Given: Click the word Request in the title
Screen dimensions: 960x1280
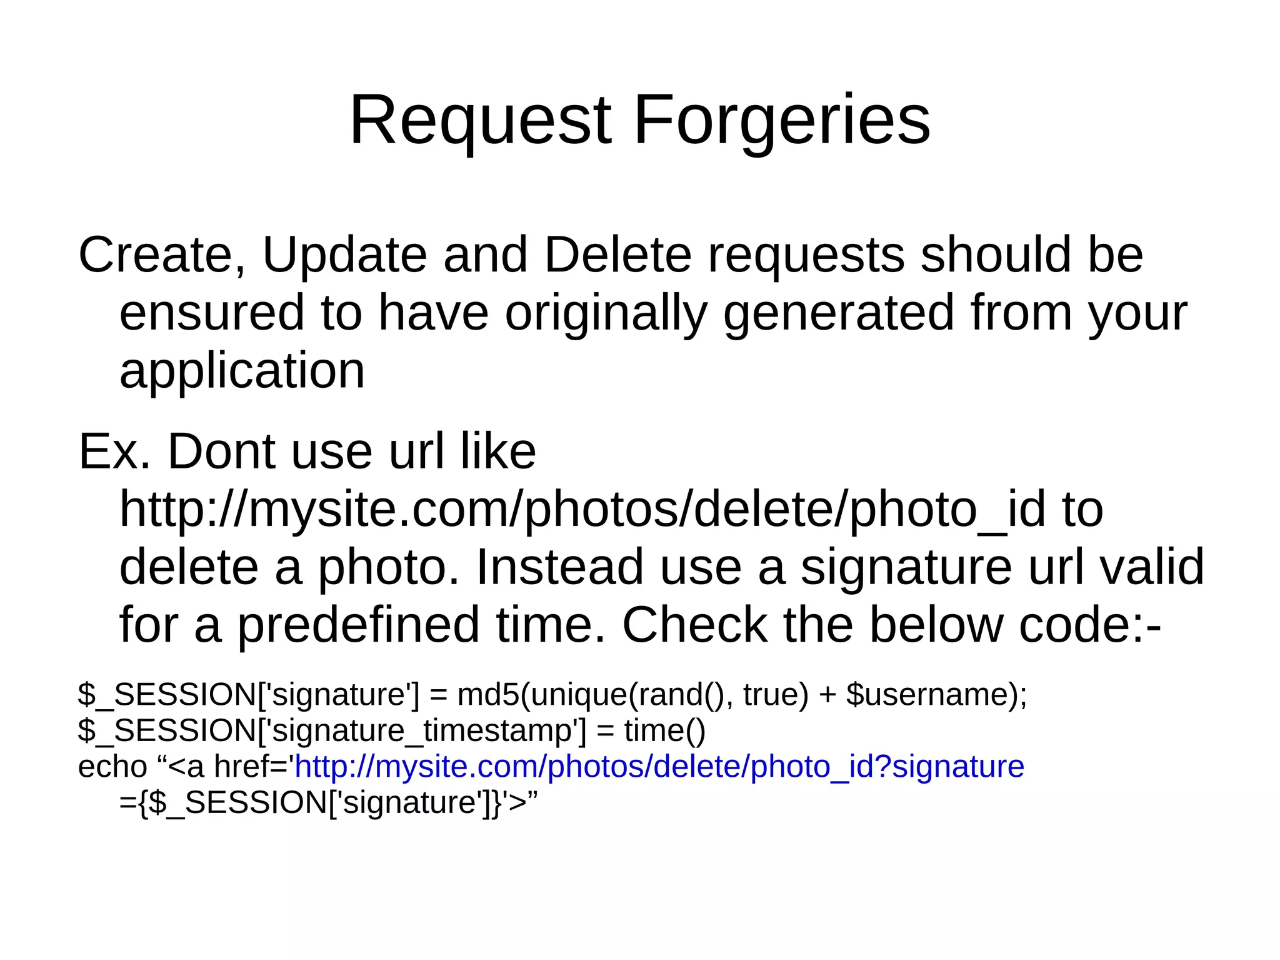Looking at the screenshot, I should click(x=480, y=120).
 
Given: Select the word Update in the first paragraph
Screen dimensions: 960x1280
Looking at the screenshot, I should click(x=344, y=255).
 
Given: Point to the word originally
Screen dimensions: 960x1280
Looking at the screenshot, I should click(x=606, y=313).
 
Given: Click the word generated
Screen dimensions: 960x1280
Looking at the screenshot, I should click(x=838, y=313).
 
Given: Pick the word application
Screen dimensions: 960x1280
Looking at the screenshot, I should click(x=242, y=370).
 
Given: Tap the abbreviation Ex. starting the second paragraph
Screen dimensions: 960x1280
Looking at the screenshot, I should click(x=114, y=451).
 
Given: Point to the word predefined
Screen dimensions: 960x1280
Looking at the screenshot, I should click(x=358, y=625).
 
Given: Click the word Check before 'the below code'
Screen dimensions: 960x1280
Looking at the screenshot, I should click(x=694, y=625).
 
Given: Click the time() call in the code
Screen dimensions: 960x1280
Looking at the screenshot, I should click(x=664, y=730).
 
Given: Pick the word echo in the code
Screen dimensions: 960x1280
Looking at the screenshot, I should click(x=112, y=767).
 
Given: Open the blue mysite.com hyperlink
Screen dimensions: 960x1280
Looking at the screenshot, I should click(x=659, y=767).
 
